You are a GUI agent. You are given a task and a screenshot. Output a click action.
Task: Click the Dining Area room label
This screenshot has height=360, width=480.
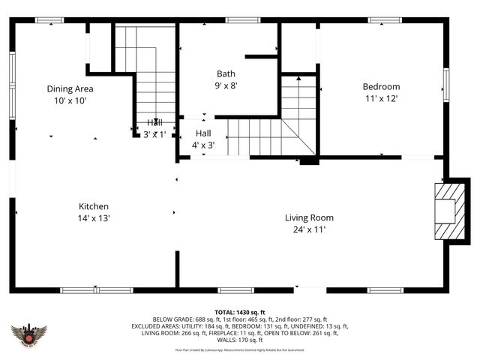pyautogui.click(x=70, y=88)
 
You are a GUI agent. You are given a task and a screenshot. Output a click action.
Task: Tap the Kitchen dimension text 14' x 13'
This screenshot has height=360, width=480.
pyautogui.click(x=94, y=218)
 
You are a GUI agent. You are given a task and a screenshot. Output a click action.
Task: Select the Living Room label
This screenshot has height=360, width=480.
pyautogui.click(x=309, y=217)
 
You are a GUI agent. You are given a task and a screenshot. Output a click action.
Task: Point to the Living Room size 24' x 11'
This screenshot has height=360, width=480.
pyautogui.click(x=309, y=229)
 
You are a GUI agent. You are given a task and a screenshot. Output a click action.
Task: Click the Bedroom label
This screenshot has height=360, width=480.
pyautogui.click(x=381, y=86)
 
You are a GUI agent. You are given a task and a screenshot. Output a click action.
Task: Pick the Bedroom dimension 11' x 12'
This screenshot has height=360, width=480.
pyautogui.click(x=381, y=98)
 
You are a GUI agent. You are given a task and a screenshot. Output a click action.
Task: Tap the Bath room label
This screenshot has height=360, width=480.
pyautogui.click(x=226, y=73)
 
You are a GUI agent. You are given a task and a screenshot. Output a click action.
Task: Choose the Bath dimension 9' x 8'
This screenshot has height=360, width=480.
pyautogui.click(x=226, y=85)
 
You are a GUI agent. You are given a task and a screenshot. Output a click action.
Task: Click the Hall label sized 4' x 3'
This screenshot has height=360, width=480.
pyautogui.click(x=202, y=133)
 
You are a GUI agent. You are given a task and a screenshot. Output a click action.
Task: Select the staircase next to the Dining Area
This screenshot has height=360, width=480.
pyautogui.click(x=146, y=75)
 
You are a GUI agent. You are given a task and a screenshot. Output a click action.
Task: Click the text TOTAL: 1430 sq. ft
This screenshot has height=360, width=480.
pyautogui.click(x=240, y=312)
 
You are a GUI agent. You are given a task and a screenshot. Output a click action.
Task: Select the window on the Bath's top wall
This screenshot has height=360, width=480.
pyautogui.click(x=238, y=20)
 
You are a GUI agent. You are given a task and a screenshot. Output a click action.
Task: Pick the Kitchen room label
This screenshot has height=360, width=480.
pyautogui.click(x=94, y=206)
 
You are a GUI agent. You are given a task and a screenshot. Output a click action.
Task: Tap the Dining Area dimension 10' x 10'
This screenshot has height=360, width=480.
pyautogui.click(x=70, y=100)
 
